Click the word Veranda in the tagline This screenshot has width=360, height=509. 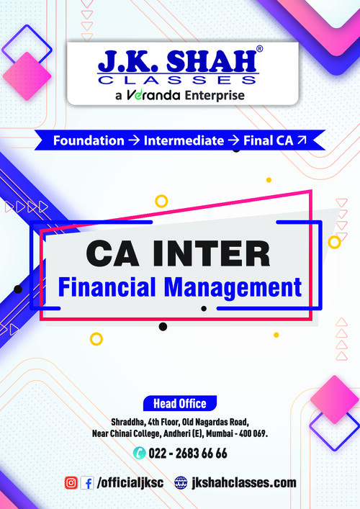156,95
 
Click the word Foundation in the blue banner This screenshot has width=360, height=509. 89,140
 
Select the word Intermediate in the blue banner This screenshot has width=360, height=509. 184,140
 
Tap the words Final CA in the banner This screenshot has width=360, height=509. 268,140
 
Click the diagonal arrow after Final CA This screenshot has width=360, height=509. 302,140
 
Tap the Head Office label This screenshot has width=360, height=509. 179,403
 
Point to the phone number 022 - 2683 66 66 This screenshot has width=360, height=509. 188,453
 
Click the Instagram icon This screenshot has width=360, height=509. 71,482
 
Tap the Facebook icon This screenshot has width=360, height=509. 87,482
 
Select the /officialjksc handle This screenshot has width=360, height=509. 130,482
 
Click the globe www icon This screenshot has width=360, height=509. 181,482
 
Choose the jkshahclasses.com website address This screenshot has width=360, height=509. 244,482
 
